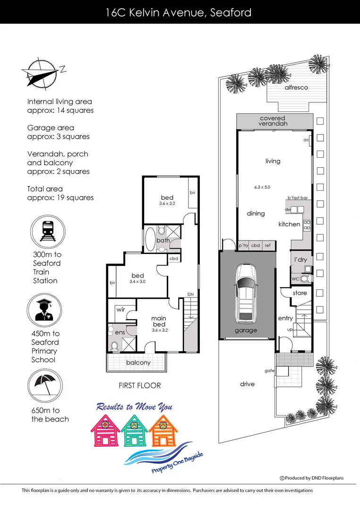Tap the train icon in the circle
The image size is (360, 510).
click(x=47, y=232)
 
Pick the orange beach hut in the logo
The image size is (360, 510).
click(x=164, y=430)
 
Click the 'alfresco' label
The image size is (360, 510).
click(x=296, y=88)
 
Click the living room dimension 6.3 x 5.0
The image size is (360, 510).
click(x=262, y=187)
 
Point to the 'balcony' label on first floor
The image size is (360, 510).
click(x=138, y=363)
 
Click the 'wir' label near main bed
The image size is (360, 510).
click(x=120, y=310)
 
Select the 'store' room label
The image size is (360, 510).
click(x=300, y=293)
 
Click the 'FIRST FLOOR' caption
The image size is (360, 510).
click(x=139, y=385)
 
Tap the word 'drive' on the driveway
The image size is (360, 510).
click(x=247, y=384)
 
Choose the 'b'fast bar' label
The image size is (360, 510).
click(x=298, y=198)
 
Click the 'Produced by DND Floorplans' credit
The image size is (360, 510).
click(x=312, y=478)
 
